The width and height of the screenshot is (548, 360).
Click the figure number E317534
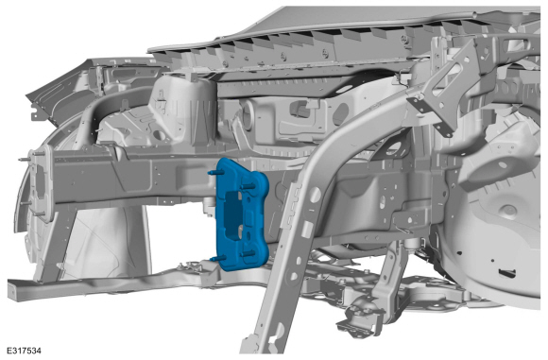tap(24, 351)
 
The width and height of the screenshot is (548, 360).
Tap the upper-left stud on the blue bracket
tap(214, 173)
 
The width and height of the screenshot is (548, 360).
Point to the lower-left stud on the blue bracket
tap(215, 259)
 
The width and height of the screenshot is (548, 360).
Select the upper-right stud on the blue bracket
tap(248, 186)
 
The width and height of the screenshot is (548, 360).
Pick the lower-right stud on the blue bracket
tap(248, 254)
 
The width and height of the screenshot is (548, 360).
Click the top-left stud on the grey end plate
tap(25, 160)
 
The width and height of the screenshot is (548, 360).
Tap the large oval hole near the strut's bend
tap(315, 193)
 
